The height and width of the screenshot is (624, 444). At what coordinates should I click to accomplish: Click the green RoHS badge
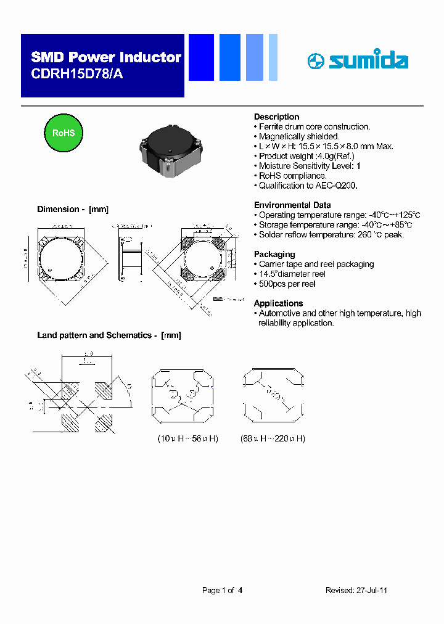pos(63,133)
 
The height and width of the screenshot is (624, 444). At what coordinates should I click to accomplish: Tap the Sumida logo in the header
pos(358,60)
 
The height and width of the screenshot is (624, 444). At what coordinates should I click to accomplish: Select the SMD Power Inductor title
pos(106,57)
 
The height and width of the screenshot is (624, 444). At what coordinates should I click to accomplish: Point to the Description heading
pos(276,117)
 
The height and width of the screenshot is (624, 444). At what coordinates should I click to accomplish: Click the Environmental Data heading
pos(292,205)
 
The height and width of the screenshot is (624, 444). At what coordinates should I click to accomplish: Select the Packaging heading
pos(274,254)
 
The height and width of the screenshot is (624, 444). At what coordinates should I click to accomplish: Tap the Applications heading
pos(278,303)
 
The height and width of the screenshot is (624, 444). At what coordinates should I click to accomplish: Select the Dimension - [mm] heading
pos(73,209)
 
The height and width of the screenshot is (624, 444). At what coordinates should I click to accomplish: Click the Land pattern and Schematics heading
pos(109,335)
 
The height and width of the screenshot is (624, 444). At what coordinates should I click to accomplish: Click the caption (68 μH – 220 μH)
pos(273,438)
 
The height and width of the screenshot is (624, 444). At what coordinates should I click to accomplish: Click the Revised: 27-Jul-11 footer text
pos(356,590)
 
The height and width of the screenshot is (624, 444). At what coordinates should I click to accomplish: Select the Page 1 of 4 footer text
pos(222,590)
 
